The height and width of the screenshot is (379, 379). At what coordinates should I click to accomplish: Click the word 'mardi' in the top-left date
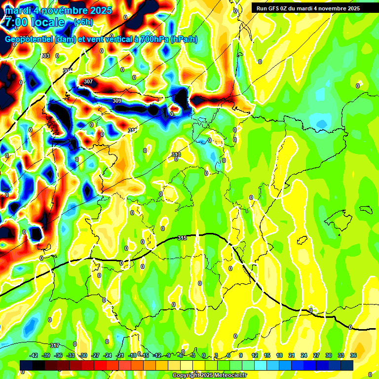pyautogui.click(x=19, y=10)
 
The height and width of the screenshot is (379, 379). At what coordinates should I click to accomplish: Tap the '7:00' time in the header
pyautogui.click(x=17, y=22)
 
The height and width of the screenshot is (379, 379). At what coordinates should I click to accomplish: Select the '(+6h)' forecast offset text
pyautogui.click(x=82, y=22)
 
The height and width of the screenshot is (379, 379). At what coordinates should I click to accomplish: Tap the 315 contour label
pyautogui.click(x=182, y=238)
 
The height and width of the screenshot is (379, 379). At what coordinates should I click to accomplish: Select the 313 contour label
pyautogui.click(x=176, y=155)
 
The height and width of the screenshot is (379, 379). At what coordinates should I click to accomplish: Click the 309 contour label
pyautogui.click(x=117, y=101)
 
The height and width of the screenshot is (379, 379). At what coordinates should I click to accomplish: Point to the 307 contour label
pyautogui.click(x=88, y=81)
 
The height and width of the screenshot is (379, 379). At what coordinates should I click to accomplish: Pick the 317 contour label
pyautogui.click(x=55, y=345)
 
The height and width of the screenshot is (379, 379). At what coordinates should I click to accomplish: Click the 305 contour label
pyautogui.click(x=68, y=71)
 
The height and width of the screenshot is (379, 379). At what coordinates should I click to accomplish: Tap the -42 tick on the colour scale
pyautogui.click(x=34, y=355)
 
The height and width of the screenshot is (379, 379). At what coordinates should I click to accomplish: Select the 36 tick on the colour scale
pyautogui.click(x=353, y=355)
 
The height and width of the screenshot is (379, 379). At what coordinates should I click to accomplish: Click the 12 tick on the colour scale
pyautogui.click(x=255, y=355)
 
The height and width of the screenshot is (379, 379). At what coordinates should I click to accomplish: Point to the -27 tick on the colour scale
pyautogui.click(x=96, y=355)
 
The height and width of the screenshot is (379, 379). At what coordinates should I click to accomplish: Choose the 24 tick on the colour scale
pyautogui.click(x=303, y=355)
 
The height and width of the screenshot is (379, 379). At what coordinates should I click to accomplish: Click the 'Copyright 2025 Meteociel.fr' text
pyautogui.click(x=210, y=375)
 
